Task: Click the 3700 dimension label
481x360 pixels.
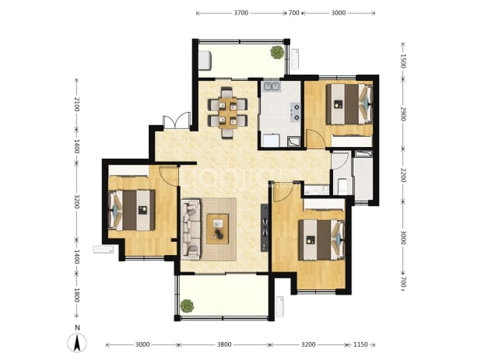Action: (x=241, y=13)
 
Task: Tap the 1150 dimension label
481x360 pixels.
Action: (x=360, y=344)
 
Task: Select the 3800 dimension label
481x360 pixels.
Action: (x=224, y=344)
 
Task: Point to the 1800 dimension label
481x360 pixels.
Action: (x=77, y=295)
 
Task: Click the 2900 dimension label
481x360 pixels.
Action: (x=402, y=114)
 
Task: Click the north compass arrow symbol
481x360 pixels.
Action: (x=77, y=343)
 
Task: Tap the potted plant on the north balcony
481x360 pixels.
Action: (x=277, y=52)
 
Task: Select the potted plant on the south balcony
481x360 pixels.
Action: (x=187, y=306)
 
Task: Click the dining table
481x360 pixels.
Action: (x=227, y=113)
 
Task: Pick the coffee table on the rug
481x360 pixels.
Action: (x=217, y=229)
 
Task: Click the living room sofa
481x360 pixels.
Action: (x=191, y=229)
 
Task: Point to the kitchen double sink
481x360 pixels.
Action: (x=272, y=86)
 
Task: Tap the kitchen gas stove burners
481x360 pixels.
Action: (x=296, y=112)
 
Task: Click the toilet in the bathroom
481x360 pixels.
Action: (x=342, y=187)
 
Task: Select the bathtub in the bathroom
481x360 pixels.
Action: (x=363, y=176)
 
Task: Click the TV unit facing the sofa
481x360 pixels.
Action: (x=264, y=228)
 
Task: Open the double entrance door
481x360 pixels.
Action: (x=177, y=121)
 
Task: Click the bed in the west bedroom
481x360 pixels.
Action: (x=132, y=210)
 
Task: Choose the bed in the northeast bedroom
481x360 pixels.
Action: (x=349, y=104)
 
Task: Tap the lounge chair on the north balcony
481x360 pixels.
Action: (x=205, y=61)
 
